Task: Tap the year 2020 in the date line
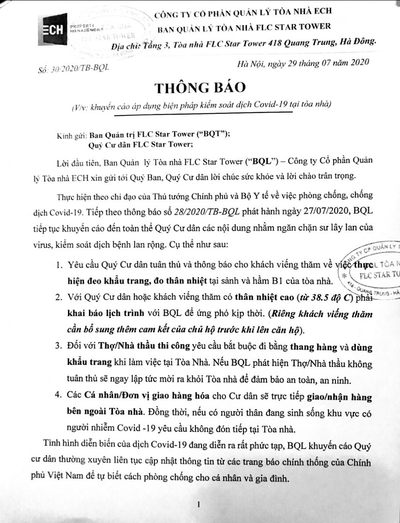(x=357, y=61)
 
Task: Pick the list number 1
(x=59, y=265)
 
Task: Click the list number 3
(x=59, y=347)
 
